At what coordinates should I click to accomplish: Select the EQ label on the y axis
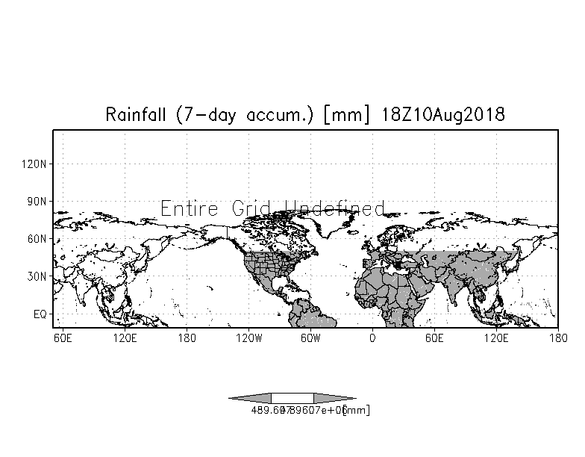tap(40, 314)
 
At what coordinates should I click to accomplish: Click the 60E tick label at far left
tap(63, 338)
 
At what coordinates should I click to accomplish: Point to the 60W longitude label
tap(310, 338)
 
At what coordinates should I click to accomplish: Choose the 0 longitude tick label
tap(372, 338)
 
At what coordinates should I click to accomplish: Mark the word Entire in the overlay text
tap(190, 208)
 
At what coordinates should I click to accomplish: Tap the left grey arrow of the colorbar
tap(250, 398)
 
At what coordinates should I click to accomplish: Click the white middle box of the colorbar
tap(292, 398)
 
